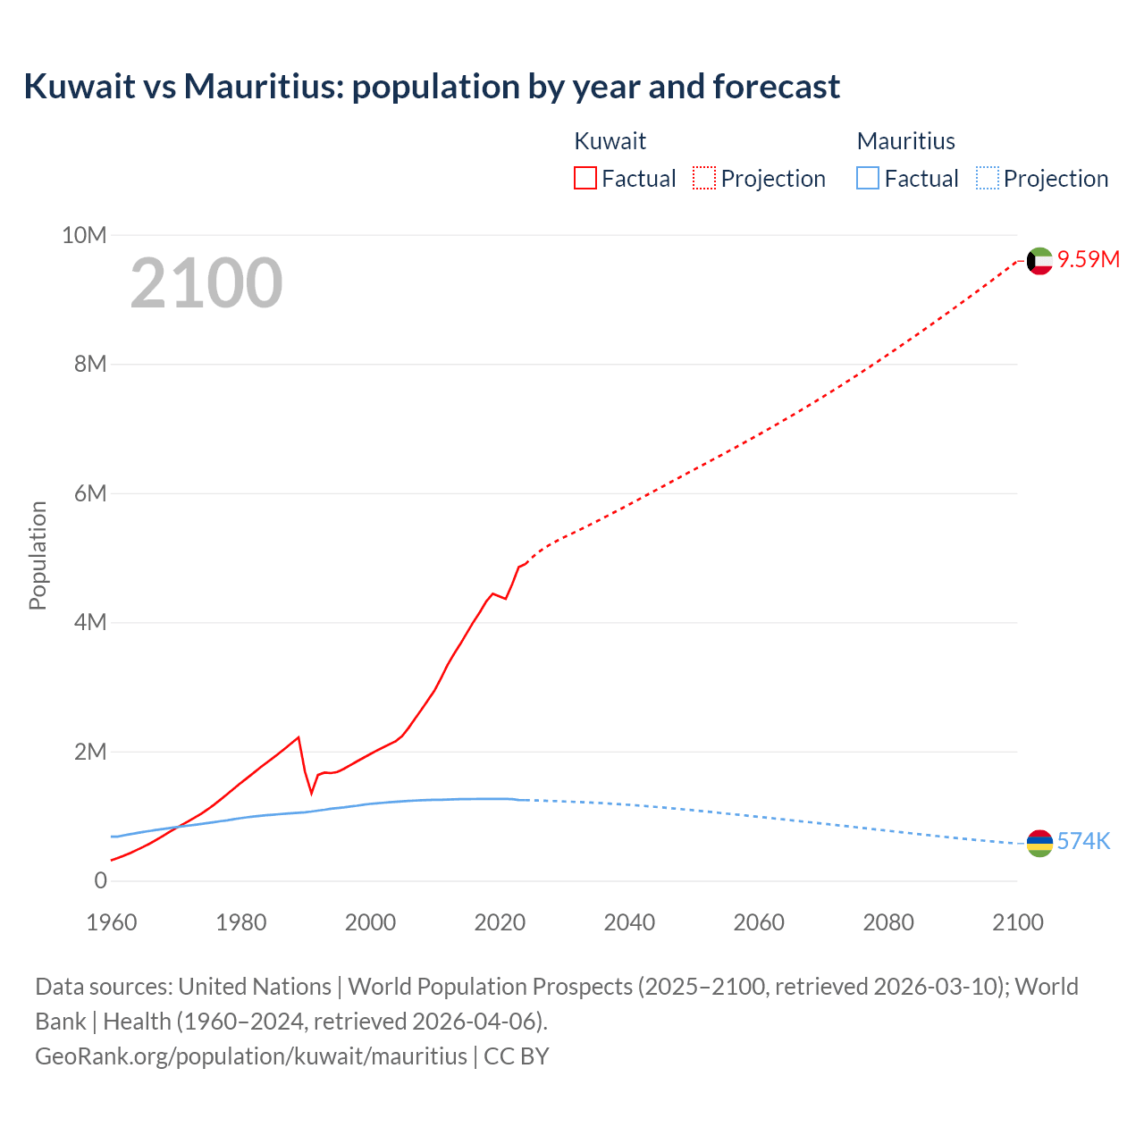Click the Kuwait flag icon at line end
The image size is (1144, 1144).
(x=1039, y=261)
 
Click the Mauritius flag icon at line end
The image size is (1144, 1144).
(x=1039, y=843)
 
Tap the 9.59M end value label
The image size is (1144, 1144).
(x=1088, y=259)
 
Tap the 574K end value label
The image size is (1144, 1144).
(x=1083, y=841)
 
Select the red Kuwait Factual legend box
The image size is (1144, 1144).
(x=585, y=178)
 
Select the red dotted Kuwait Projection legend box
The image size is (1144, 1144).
(x=704, y=178)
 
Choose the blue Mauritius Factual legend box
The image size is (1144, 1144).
(x=867, y=178)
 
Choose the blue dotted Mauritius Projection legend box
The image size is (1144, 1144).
(x=988, y=178)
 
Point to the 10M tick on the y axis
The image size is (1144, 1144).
(x=84, y=235)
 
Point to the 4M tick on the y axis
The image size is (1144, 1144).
(x=89, y=622)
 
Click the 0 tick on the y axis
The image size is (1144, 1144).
(x=100, y=880)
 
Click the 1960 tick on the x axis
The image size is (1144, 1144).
(x=112, y=922)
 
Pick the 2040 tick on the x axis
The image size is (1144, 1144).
(x=629, y=922)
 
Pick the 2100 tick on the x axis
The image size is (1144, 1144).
(x=1018, y=922)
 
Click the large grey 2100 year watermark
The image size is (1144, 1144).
(x=206, y=283)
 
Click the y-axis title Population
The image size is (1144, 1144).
(x=38, y=555)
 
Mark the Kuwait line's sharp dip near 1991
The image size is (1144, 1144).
(x=312, y=793)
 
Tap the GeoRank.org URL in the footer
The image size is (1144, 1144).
(x=250, y=1056)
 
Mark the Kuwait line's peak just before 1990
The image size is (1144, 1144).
(x=299, y=737)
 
